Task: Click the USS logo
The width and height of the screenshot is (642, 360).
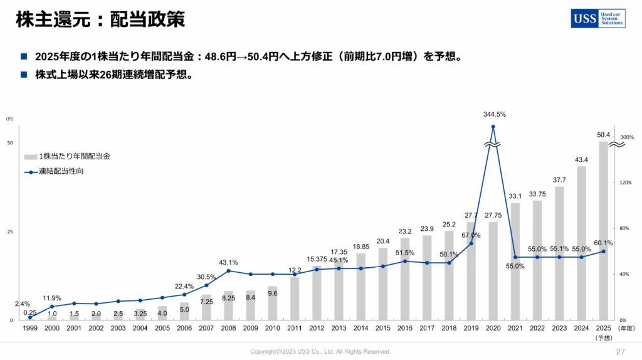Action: coord(597,19)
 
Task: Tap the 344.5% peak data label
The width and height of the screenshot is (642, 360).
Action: coord(494,115)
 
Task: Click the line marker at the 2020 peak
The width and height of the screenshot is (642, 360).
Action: coord(493,127)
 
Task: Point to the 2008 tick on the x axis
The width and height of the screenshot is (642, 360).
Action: coord(228,327)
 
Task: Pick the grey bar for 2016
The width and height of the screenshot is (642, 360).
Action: coord(405,278)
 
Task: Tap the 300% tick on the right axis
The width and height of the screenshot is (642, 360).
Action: coord(627,137)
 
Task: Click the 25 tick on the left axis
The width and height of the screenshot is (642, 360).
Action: coord(9,232)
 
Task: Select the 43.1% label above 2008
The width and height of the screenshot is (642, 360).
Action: coord(228,263)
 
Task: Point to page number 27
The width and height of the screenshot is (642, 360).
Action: coord(621,351)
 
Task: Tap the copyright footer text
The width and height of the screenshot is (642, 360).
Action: coord(320,352)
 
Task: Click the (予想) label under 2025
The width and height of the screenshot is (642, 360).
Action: coord(603,337)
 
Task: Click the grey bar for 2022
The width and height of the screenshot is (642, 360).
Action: coord(537,260)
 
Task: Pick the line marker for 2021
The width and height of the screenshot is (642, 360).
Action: coord(515,257)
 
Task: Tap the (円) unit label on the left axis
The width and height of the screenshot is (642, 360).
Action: coord(9,119)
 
